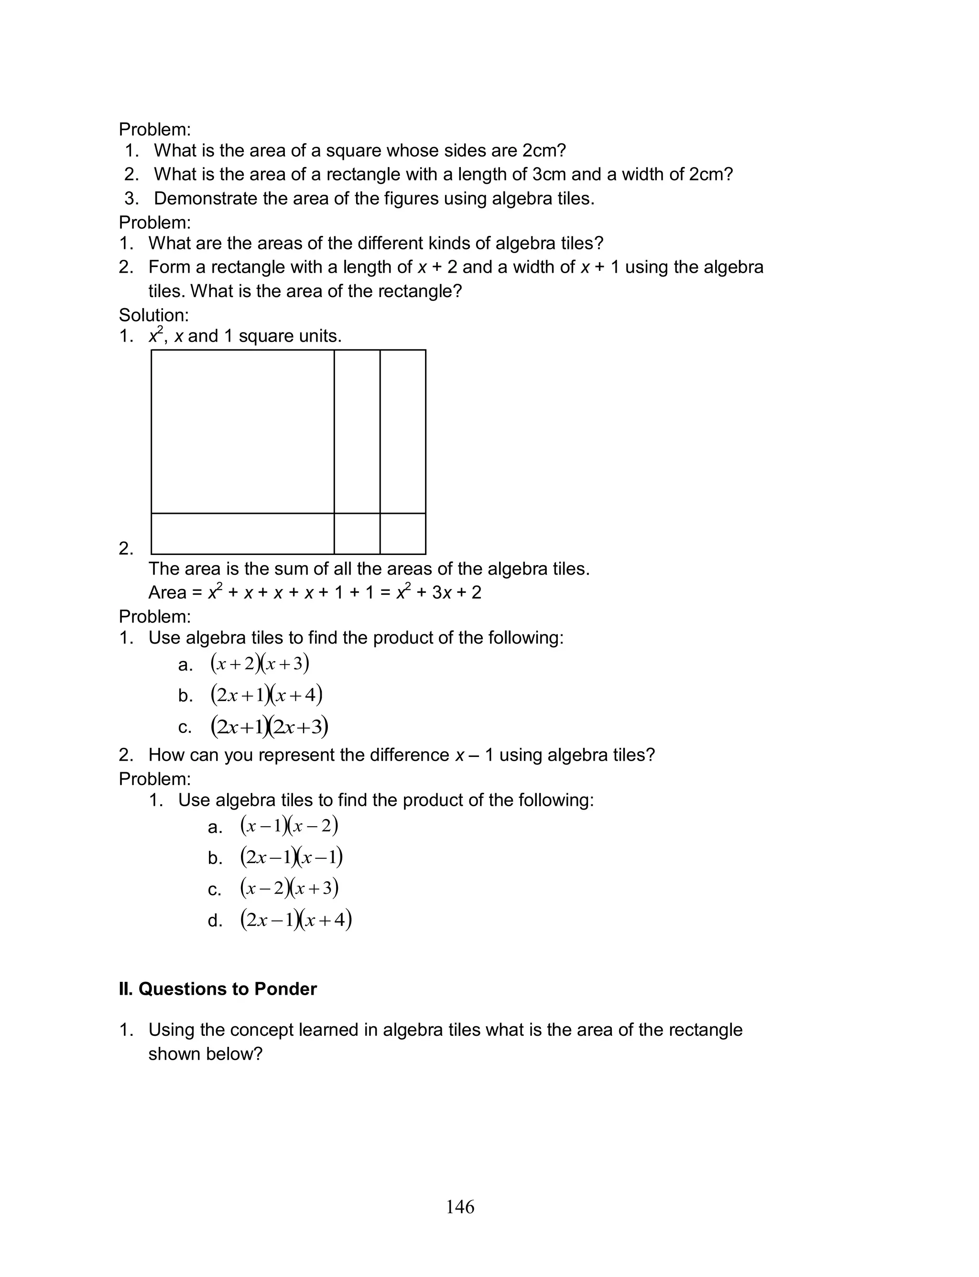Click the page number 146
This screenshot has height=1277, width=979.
tap(460, 1207)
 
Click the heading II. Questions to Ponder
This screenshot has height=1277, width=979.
tap(218, 989)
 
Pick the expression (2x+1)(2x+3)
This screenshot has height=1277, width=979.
tap(269, 727)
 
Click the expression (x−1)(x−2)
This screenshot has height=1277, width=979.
tap(289, 826)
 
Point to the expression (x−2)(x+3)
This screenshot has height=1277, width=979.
tap(289, 888)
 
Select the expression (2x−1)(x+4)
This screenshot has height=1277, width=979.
tap(296, 920)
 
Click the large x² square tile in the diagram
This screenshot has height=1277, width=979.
tap(242, 432)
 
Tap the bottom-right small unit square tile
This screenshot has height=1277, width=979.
tap(402, 533)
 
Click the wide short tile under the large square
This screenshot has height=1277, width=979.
tap(242, 533)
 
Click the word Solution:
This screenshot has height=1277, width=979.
tap(154, 315)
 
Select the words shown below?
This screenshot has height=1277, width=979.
tap(205, 1054)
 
